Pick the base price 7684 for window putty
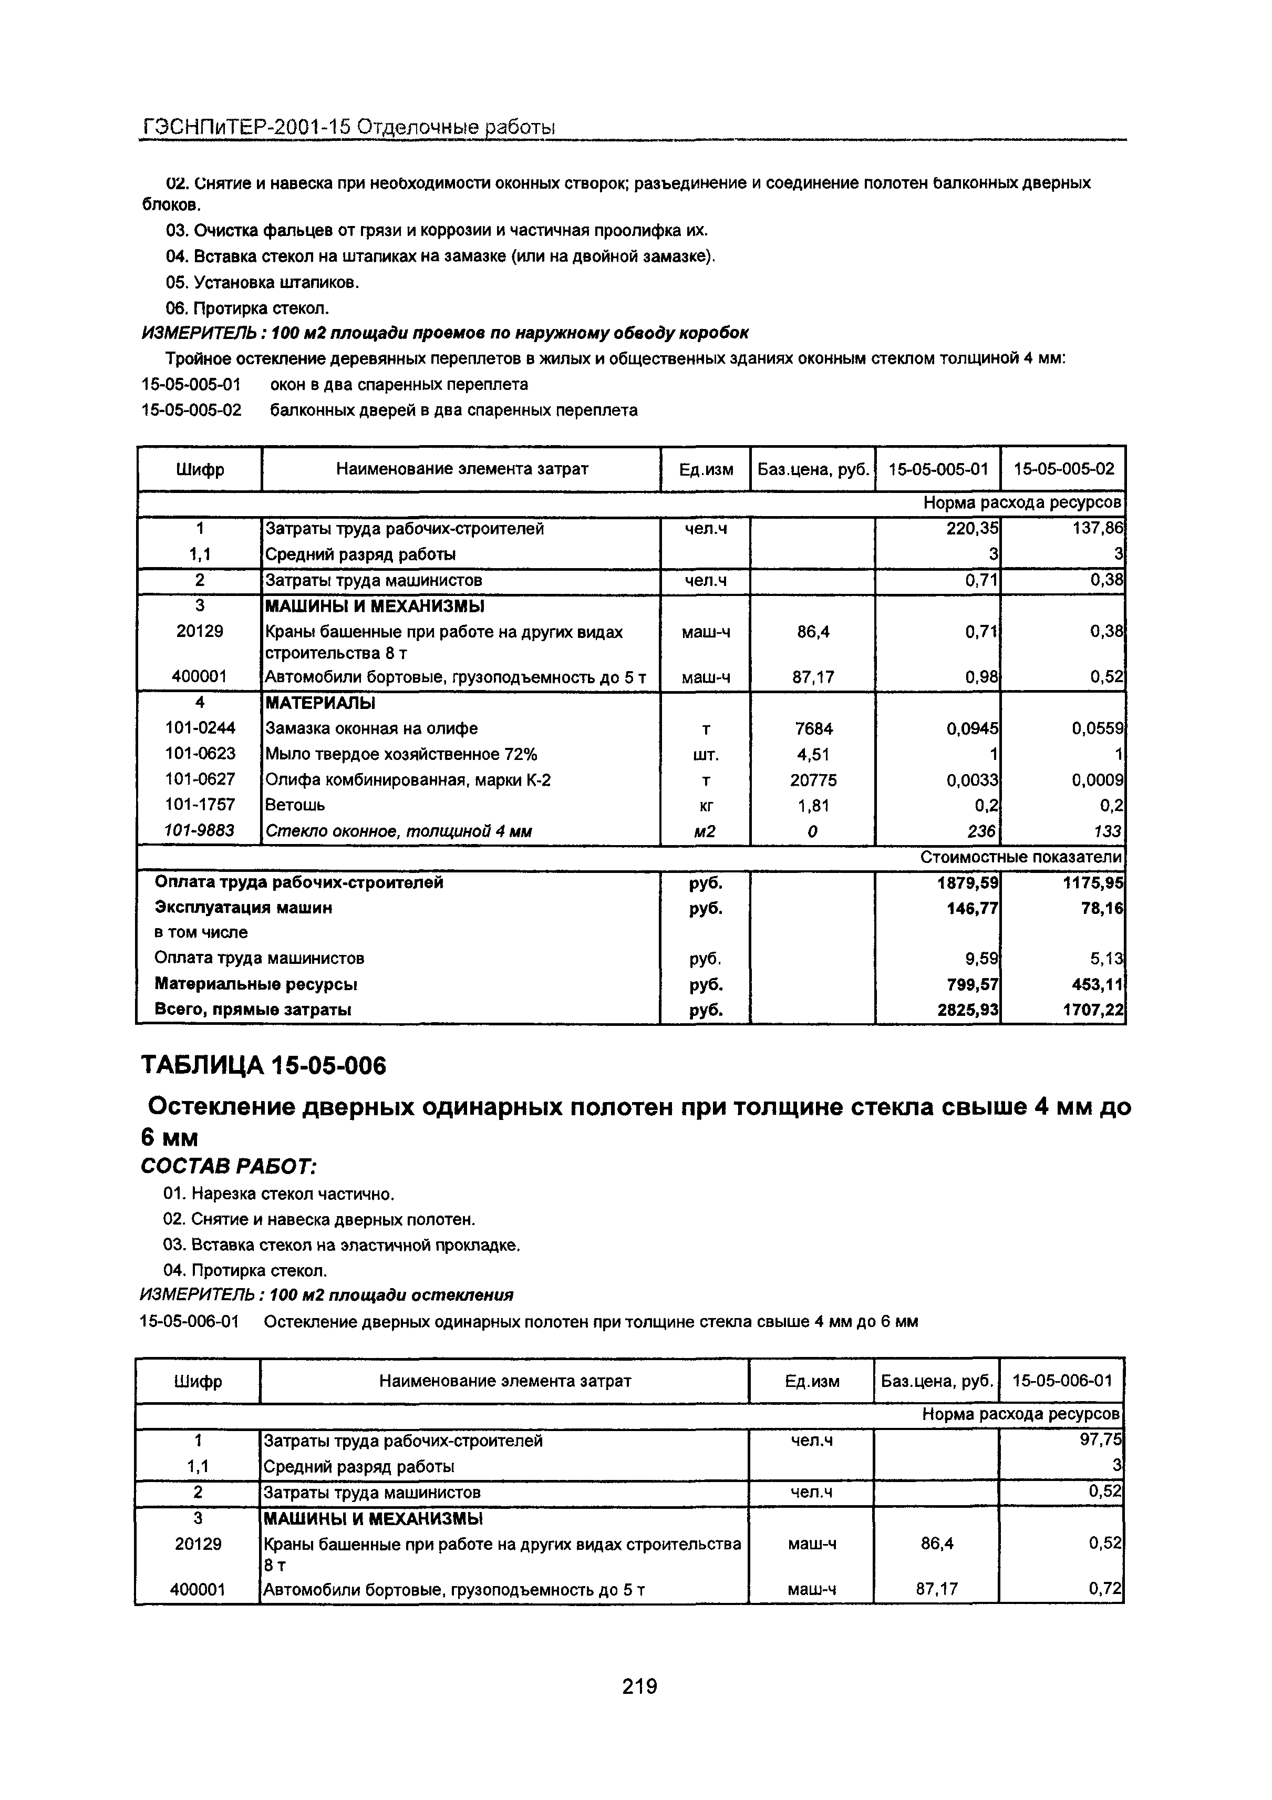pos(813,729)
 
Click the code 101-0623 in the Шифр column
pos(200,754)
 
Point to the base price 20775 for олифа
pos(813,780)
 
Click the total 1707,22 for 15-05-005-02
pos(1093,1011)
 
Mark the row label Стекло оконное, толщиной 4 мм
pos(399,831)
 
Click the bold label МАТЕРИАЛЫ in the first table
pos(320,703)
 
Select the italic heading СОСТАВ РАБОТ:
pos(228,1167)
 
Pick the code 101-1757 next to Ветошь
pos(200,805)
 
